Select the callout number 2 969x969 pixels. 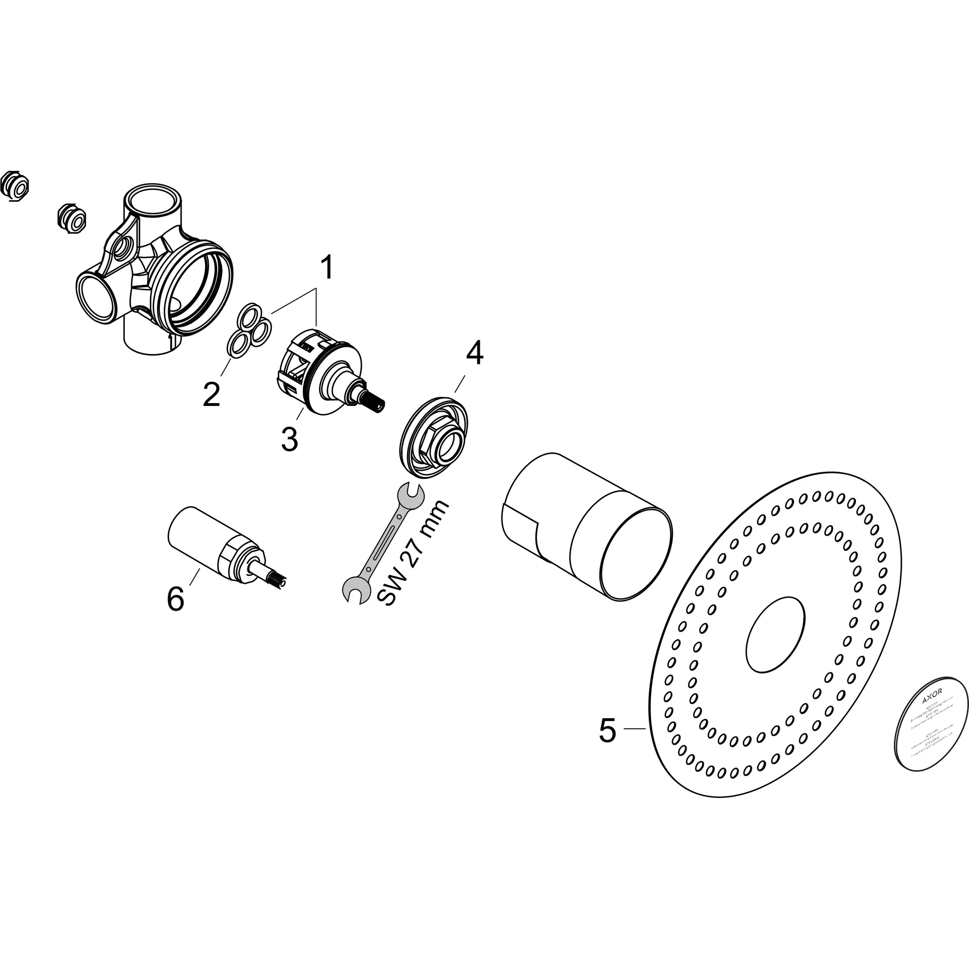tap(211, 394)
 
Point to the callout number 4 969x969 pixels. tap(474, 352)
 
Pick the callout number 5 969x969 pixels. tap(608, 731)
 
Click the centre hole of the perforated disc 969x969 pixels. tap(775, 634)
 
